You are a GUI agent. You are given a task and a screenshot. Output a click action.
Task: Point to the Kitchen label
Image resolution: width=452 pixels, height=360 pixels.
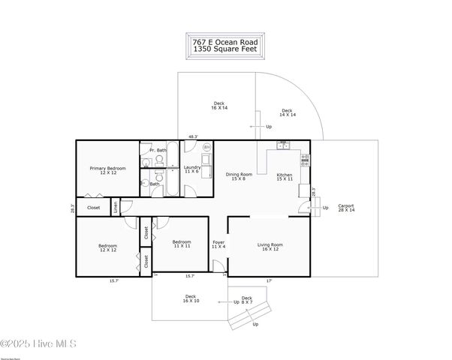click(x=284, y=176)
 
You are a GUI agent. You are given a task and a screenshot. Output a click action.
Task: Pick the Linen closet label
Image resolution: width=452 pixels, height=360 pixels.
click(x=116, y=207)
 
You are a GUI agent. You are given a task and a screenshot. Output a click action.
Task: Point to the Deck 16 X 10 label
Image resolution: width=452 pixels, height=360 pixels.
click(x=191, y=298)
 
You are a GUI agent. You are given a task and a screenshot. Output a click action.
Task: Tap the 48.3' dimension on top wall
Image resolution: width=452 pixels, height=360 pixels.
click(x=193, y=136)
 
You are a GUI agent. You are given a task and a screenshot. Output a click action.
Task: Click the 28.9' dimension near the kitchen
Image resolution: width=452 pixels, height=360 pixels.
click(x=313, y=193)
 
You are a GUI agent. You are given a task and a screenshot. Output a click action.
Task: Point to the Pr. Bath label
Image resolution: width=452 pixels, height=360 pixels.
click(x=157, y=150)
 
